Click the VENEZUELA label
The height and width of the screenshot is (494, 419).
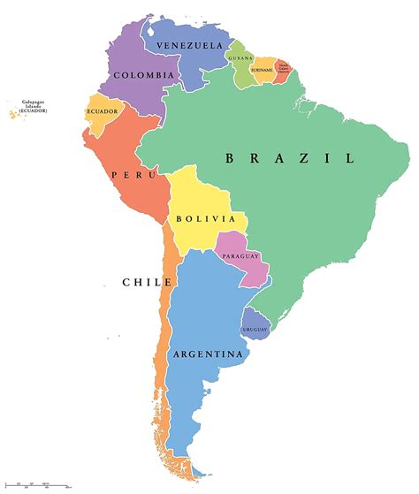(189, 45)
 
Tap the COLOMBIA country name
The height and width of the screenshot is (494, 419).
(137, 76)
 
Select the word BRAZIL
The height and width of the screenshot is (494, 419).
(290, 159)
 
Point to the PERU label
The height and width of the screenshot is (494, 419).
(129, 175)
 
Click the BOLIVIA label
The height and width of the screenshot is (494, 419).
(205, 218)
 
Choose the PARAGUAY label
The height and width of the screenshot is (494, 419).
(240, 256)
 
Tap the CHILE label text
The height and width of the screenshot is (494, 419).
(147, 283)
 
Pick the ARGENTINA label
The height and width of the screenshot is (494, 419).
(209, 354)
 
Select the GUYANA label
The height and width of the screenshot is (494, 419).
(240, 58)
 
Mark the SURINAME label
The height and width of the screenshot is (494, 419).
(262, 69)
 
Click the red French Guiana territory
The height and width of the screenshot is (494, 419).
(281, 71)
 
